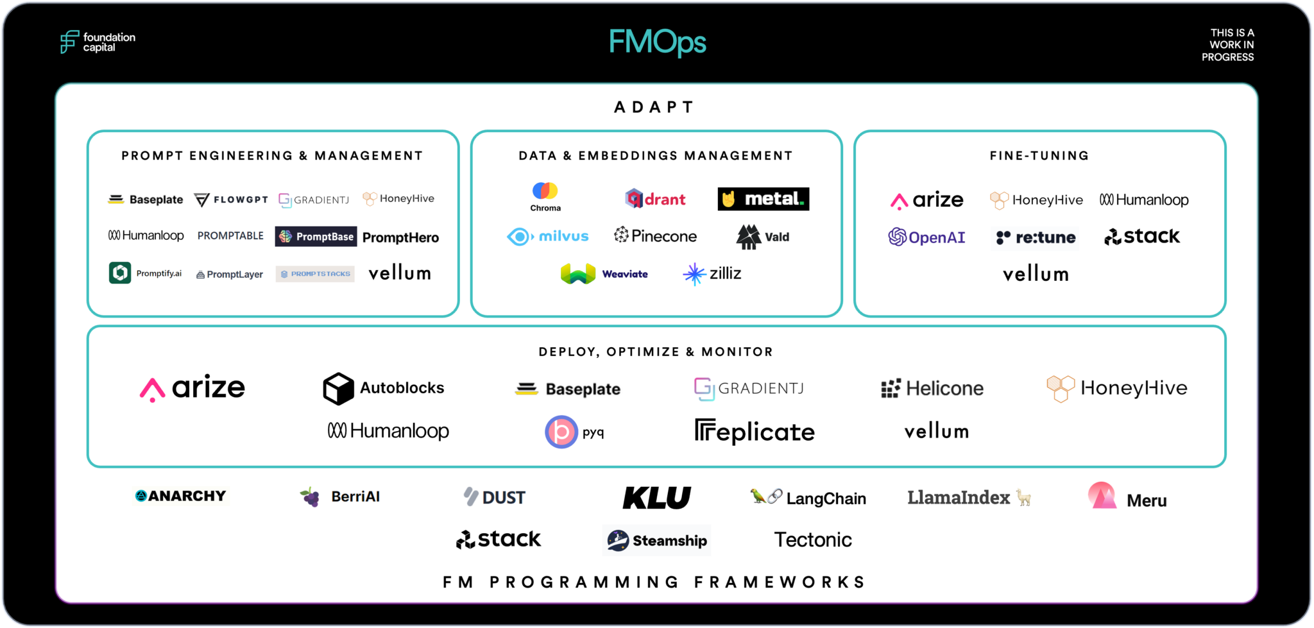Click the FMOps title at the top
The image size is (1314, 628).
[657, 42]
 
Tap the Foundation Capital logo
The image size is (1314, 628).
[98, 42]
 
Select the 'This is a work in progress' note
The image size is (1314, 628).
[1227, 45]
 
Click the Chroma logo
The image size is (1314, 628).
[545, 196]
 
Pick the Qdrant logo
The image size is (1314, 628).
[655, 199]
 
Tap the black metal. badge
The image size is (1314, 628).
[763, 199]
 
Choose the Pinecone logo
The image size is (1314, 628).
[655, 236]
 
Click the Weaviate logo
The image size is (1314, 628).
[604, 274]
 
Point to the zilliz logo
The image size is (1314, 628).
[712, 274]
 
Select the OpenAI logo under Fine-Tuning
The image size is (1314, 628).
[926, 237]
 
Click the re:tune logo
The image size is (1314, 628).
[1035, 238]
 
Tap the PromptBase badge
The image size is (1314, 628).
[316, 237]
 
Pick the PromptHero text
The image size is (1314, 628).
[400, 237]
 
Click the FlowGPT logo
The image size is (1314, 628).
[231, 199]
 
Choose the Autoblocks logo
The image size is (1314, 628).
[383, 388]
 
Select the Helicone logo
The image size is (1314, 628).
[932, 388]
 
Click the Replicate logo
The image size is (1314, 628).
[755, 432]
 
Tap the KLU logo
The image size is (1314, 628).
[656, 498]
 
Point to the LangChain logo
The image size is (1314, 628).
[808, 498]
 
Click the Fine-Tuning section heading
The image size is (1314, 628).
[1039, 156]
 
